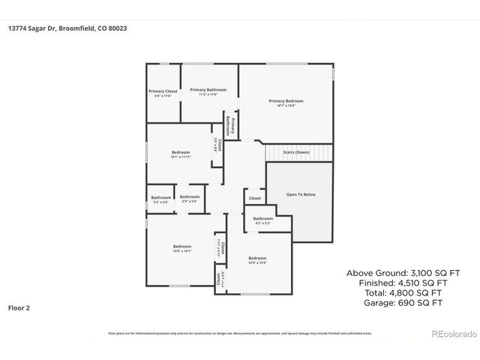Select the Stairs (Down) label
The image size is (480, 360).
coord(296,152)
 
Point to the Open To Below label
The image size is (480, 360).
coord(301,194)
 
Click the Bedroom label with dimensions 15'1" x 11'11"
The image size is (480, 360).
coord(181,154)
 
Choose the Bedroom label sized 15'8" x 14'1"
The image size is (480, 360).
coord(182,248)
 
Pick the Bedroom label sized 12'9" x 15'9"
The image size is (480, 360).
coord(257,259)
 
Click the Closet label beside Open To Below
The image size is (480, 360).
coord(255,199)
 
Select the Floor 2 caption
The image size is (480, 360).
coord(19,307)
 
